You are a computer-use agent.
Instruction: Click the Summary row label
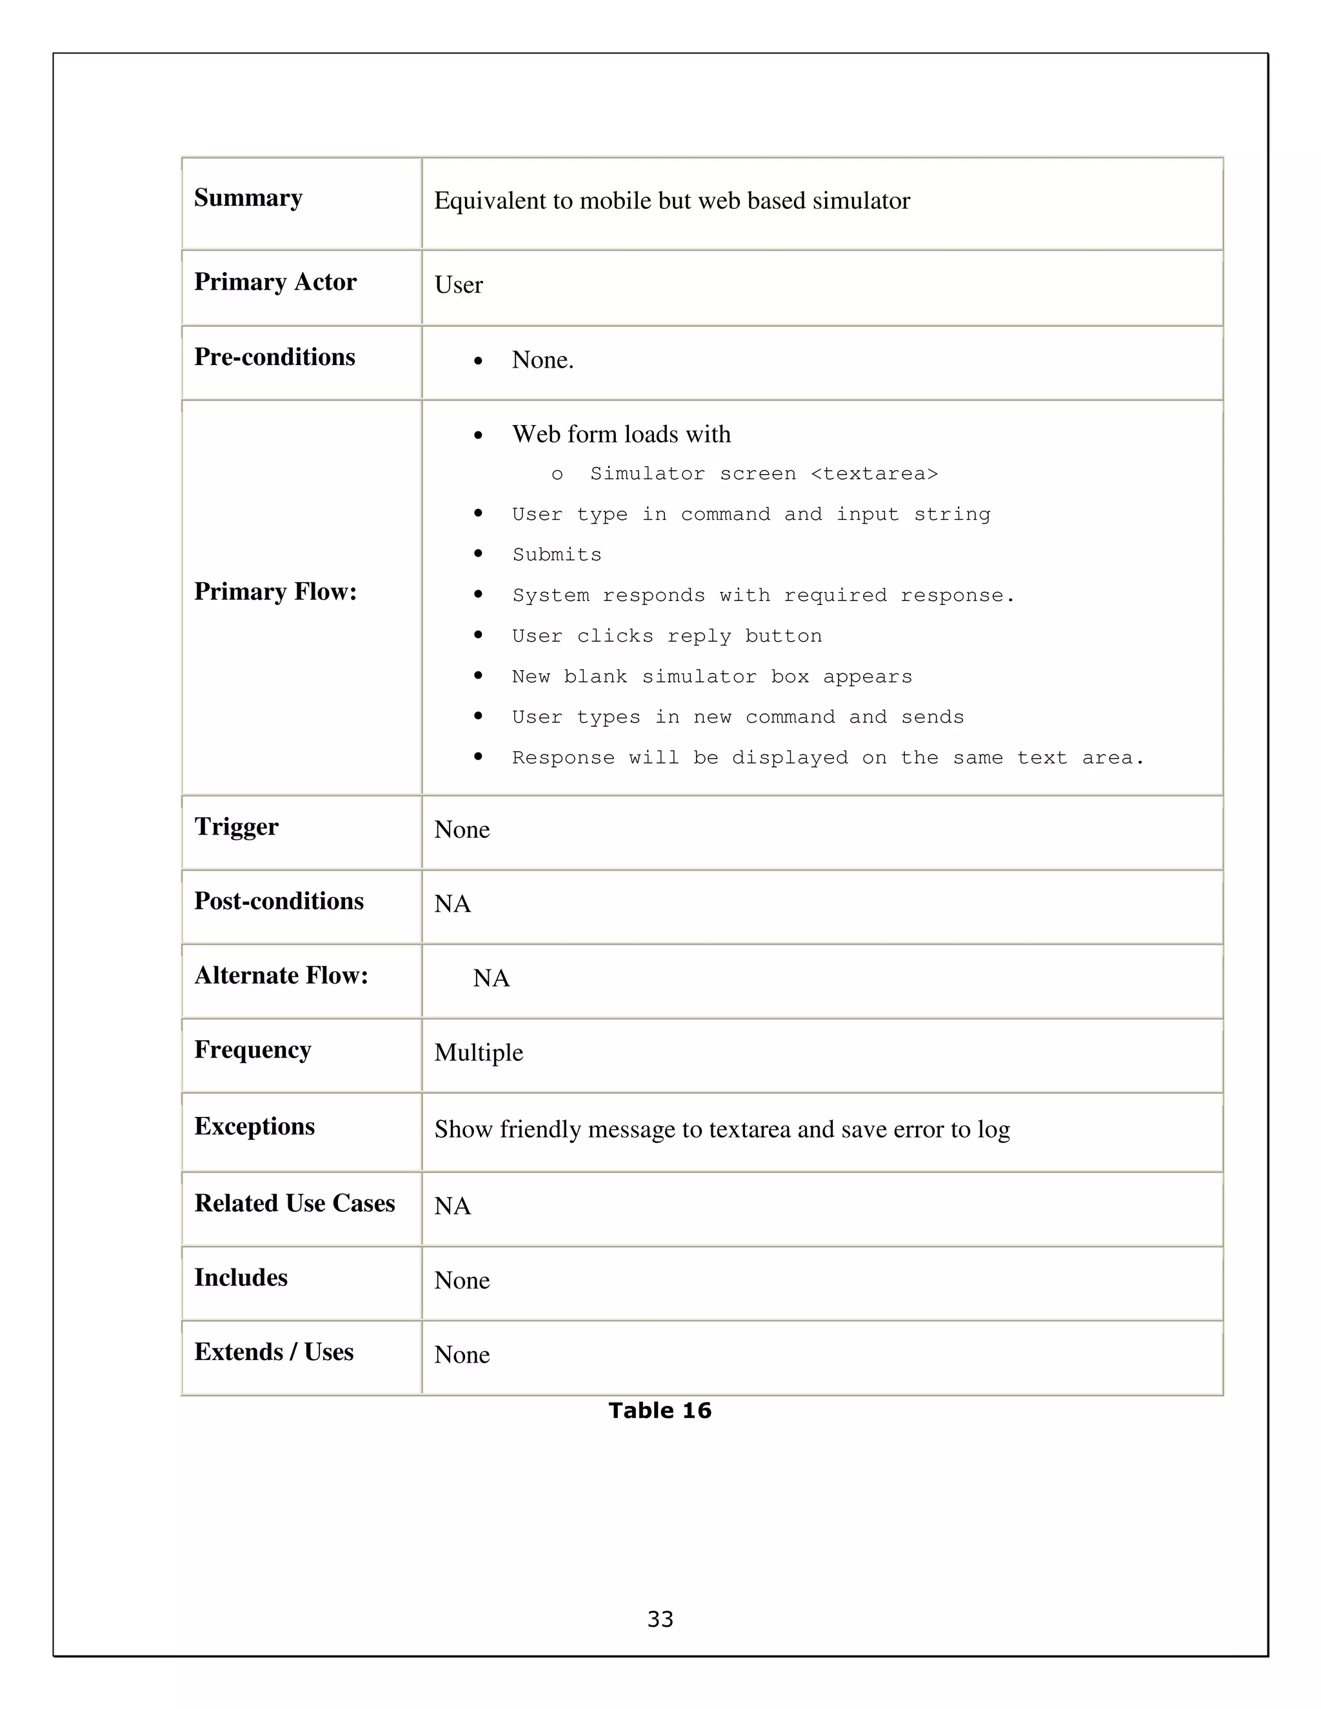pyautogui.click(x=248, y=198)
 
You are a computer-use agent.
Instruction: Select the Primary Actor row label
pyautogui.click(x=275, y=282)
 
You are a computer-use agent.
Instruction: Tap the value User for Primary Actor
pyautogui.click(x=459, y=285)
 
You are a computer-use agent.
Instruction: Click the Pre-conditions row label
pyautogui.click(x=274, y=357)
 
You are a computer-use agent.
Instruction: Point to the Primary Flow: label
pyautogui.click(x=275, y=591)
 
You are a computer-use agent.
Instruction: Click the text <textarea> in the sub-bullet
pyautogui.click(x=874, y=474)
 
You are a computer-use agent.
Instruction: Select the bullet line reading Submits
pyautogui.click(x=557, y=555)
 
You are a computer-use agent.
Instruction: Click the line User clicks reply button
pyautogui.click(x=667, y=636)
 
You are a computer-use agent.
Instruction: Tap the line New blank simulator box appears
pyautogui.click(x=711, y=677)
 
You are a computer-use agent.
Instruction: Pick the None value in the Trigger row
pyautogui.click(x=462, y=829)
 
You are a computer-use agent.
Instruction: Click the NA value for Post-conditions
pyautogui.click(x=452, y=904)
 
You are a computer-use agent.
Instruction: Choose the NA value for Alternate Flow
pyautogui.click(x=491, y=978)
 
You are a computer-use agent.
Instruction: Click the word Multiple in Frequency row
pyautogui.click(x=478, y=1052)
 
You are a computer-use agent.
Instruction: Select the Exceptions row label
pyautogui.click(x=254, y=1126)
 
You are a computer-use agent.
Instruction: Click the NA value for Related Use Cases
pyautogui.click(x=452, y=1206)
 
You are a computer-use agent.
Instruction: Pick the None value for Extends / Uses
pyautogui.click(x=462, y=1354)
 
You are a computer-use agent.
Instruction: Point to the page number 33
pyautogui.click(x=660, y=1618)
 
